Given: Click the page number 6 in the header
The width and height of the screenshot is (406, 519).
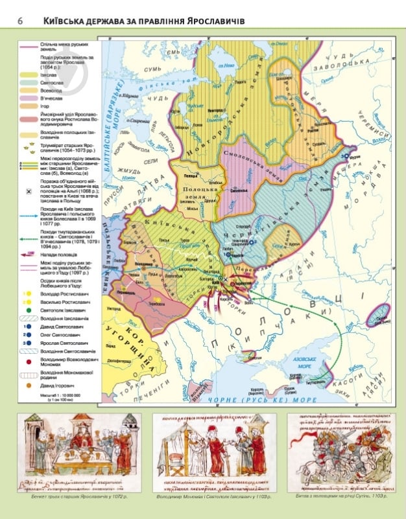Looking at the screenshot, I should [x=20, y=21].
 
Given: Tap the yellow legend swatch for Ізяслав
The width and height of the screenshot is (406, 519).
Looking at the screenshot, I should [x=28, y=76].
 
